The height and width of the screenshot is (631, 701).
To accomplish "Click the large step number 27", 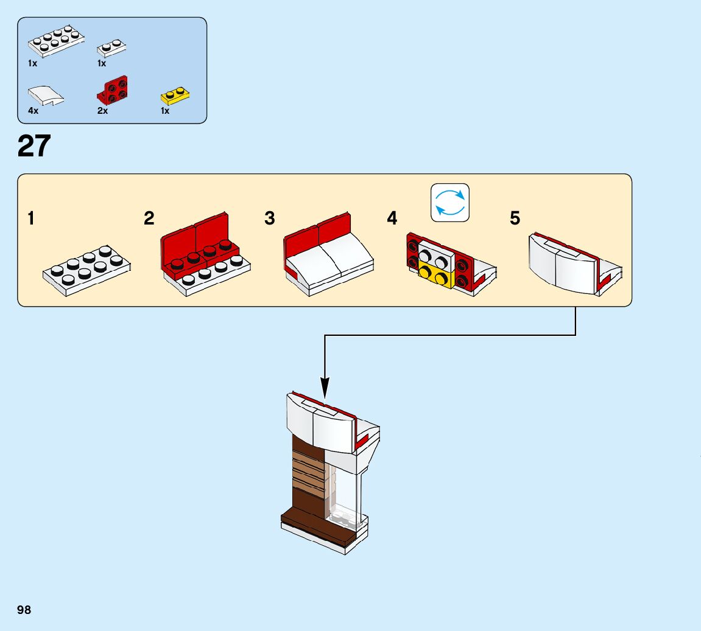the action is pyautogui.click(x=35, y=147).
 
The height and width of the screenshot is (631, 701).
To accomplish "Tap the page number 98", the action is pyautogui.click(x=24, y=610).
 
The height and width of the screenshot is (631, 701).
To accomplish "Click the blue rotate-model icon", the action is pyautogui.click(x=450, y=203).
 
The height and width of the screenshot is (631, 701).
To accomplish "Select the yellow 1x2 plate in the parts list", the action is pyautogui.click(x=175, y=95).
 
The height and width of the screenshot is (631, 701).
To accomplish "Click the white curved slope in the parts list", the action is pyautogui.click(x=45, y=95).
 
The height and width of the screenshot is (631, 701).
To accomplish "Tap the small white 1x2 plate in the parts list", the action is pyautogui.click(x=111, y=47).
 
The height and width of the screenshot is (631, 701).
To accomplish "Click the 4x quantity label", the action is pyautogui.click(x=33, y=111).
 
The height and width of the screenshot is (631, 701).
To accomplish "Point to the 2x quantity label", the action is pyautogui.click(x=102, y=111).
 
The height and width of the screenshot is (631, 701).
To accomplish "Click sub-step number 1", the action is pyautogui.click(x=31, y=218).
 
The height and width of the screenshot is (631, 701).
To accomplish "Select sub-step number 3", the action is pyautogui.click(x=269, y=218).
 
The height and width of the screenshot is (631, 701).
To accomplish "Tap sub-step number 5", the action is pyautogui.click(x=515, y=218).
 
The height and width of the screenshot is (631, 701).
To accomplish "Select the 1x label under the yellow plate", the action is pyautogui.click(x=165, y=111).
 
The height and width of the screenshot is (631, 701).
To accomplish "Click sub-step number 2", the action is pyautogui.click(x=149, y=218).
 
